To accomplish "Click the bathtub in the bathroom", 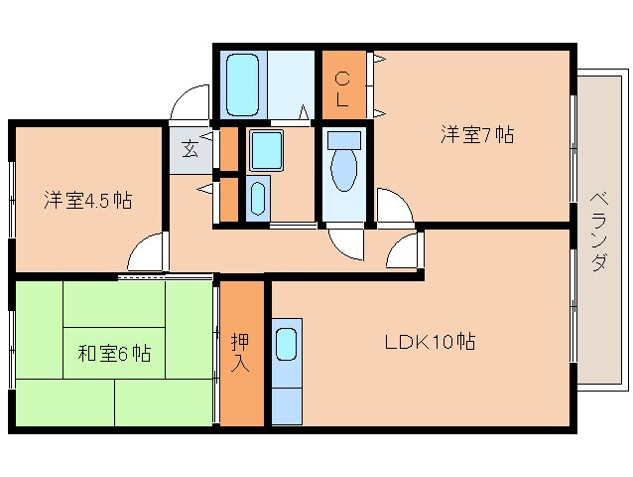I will [x=243, y=85].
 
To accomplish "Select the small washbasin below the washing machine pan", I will [x=257, y=197].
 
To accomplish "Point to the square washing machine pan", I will [x=266, y=150].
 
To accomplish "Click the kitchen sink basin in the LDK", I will [x=286, y=344].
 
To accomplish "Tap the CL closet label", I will [x=341, y=88].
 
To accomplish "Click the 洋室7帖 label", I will [x=477, y=136].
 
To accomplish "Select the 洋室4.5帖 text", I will [x=87, y=200].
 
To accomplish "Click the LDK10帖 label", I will [x=430, y=343].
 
